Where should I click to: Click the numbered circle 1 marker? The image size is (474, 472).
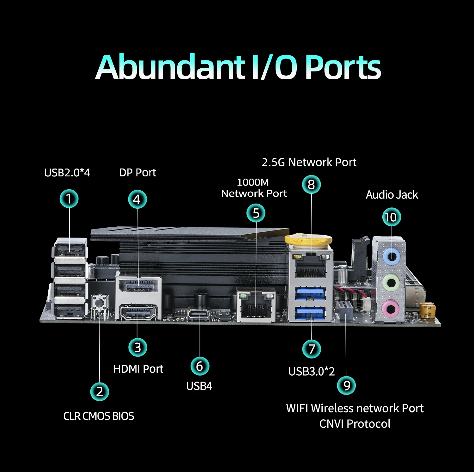[x=69, y=199]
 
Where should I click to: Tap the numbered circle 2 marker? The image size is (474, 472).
[x=100, y=392]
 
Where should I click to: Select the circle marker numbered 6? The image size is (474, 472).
[x=200, y=366]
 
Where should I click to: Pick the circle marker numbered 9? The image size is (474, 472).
[x=346, y=386]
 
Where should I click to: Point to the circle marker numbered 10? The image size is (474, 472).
[x=392, y=217]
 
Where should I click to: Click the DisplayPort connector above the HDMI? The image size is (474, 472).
[x=139, y=286]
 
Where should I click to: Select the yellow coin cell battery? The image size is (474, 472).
[x=308, y=240]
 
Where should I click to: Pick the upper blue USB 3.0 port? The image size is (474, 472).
[x=310, y=293]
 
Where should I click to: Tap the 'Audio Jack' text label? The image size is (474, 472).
[x=392, y=195]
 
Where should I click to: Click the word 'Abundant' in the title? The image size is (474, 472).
[x=171, y=67]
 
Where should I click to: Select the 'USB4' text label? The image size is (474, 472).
[x=199, y=386]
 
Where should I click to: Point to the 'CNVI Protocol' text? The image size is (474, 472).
[x=355, y=424]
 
